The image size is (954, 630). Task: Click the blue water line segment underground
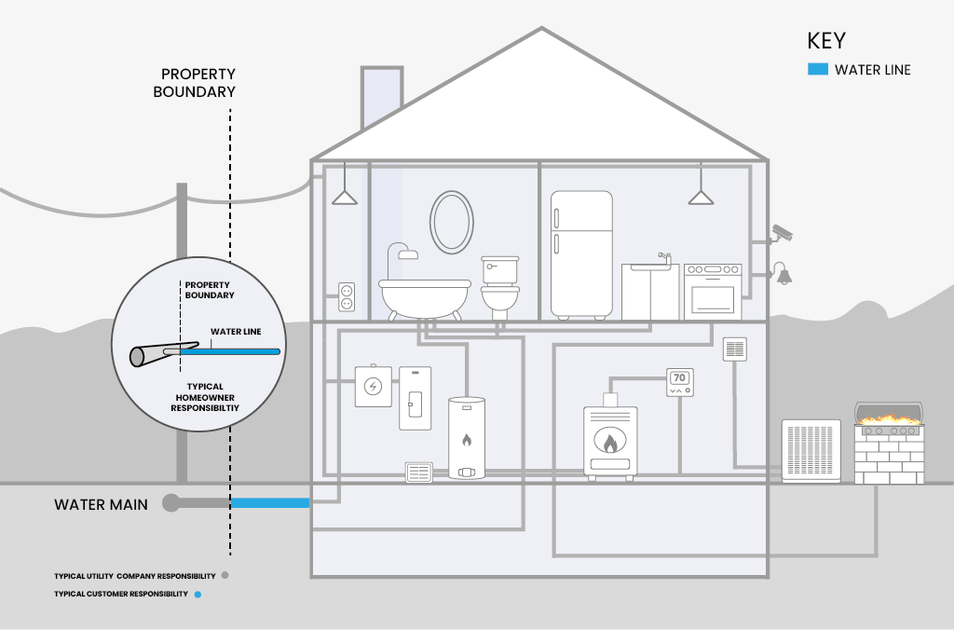point(269,503)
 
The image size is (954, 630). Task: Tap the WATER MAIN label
point(102,504)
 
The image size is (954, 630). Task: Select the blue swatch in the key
point(817,69)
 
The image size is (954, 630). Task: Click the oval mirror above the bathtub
point(451,221)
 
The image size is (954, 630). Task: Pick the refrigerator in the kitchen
point(581,253)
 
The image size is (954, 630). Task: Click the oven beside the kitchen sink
point(713,291)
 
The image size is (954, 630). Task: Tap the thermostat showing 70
point(680,382)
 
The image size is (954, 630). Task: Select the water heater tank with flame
point(467,438)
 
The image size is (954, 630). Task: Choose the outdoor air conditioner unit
point(811,451)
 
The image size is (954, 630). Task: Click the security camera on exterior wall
point(782,232)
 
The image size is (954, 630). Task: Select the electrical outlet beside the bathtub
point(347,297)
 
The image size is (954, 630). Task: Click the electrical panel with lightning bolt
point(373,386)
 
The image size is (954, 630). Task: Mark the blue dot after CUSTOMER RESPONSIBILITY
point(198,594)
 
